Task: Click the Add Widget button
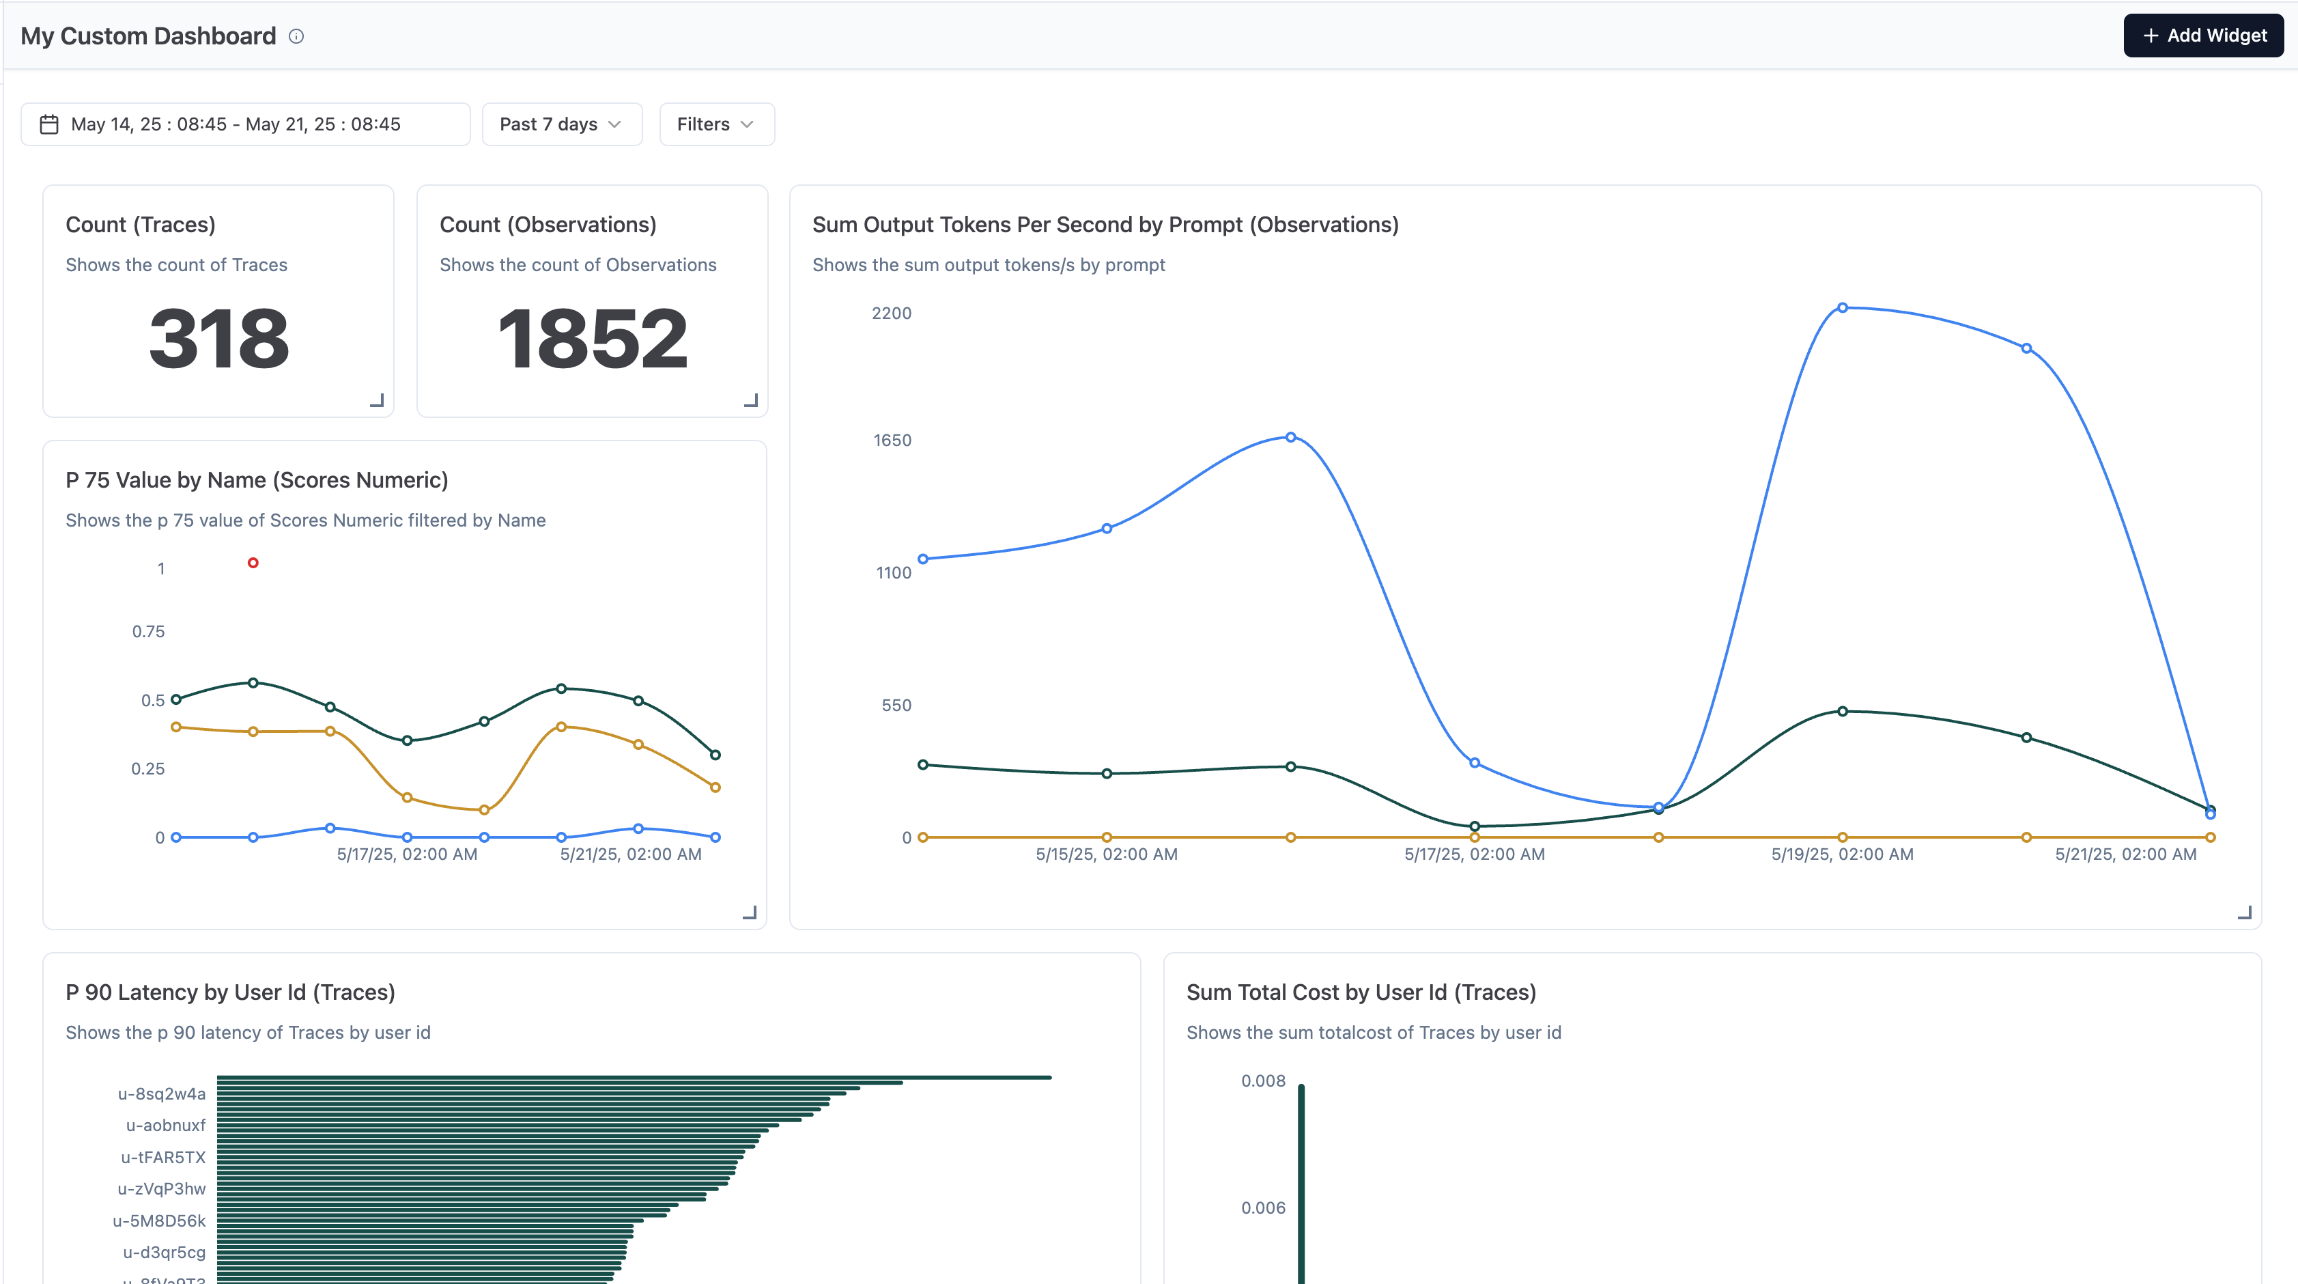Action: [2202, 36]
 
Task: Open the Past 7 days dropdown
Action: [561, 124]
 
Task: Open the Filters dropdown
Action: [715, 124]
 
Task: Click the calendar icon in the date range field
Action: [49, 124]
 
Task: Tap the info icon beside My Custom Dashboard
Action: [296, 37]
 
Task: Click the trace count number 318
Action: [218, 338]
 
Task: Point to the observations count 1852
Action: [593, 338]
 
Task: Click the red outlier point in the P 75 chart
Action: [253, 563]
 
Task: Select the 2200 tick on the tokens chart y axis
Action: [891, 313]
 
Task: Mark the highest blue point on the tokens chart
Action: [1842, 308]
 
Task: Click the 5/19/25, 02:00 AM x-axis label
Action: [1842, 854]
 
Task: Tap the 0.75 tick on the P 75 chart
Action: [148, 632]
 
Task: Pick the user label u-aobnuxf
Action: [166, 1125]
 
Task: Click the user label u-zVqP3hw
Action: [162, 1188]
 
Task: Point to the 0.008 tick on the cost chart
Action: [1263, 1080]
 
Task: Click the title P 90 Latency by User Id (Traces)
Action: [230, 992]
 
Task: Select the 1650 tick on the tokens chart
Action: [892, 440]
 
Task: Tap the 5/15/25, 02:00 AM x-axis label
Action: [1106, 854]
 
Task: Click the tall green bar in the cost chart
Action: [1301, 1187]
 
